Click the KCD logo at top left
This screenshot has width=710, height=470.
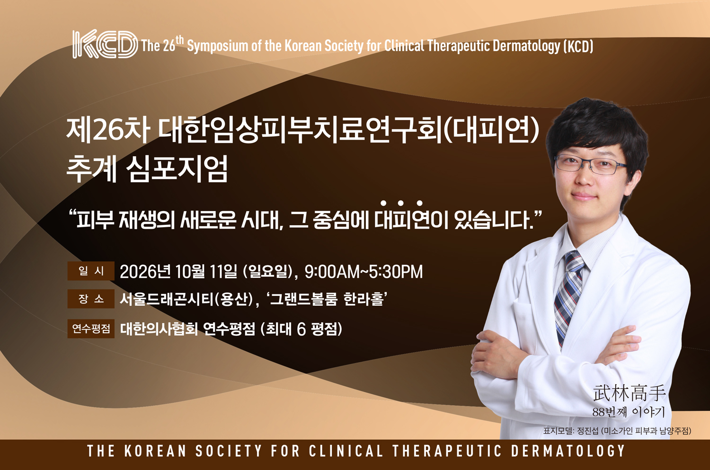(x=105, y=44)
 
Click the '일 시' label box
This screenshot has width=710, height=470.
(x=91, y=271)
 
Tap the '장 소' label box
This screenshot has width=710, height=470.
(x=91, y=299)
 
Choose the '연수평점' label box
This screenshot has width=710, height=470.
(x=91, y=328)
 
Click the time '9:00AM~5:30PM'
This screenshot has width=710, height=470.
(x=364, y=272)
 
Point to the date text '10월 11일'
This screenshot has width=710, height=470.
(x=206, y=272)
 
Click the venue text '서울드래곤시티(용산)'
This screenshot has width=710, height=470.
(x=186, y=299)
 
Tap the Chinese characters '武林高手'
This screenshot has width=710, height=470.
(x=629, y=393)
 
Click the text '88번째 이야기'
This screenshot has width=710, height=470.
(x=629, y=412)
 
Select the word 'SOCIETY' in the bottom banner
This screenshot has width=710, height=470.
(x=229, y=451)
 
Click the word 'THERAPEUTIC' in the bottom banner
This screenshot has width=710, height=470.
(x=447, y=451)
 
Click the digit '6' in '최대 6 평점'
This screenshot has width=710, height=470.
(x=302, y=329)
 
